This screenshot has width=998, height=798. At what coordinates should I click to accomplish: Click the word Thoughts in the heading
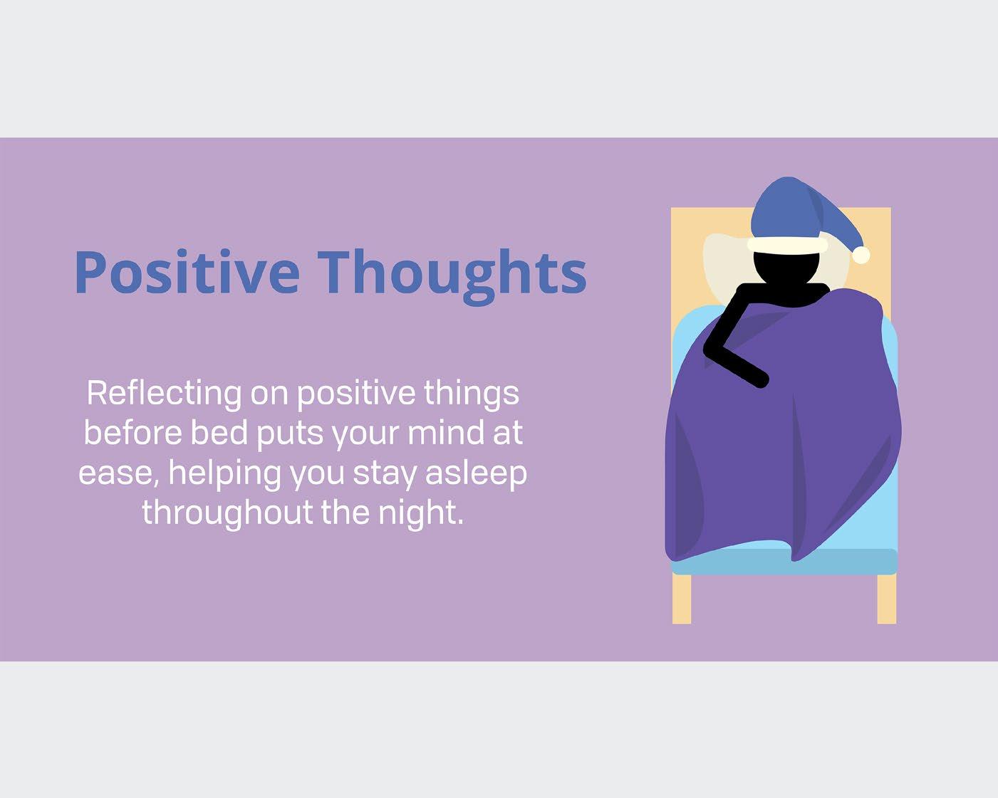(452, 276)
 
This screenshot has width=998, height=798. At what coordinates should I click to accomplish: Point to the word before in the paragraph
(133, 434)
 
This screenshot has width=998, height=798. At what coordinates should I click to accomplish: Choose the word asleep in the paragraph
(477, 474)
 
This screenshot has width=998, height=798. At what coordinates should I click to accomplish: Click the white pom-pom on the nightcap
(861, 255)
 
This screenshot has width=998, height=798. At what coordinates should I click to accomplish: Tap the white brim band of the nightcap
(787, 246)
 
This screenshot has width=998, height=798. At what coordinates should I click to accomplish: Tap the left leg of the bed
(682, 599)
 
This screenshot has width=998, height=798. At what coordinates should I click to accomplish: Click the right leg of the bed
(887, 599)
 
